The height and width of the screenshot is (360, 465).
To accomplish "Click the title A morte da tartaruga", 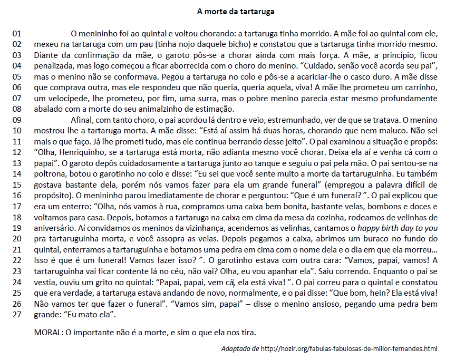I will (x=236, y=11).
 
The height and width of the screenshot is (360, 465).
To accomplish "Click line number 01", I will (x=17, y=33).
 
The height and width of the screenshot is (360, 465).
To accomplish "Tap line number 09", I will (x=17, y=120).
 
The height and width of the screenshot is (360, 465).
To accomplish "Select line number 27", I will (x=17, y=315).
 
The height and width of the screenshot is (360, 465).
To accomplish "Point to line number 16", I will (x=17, y=196).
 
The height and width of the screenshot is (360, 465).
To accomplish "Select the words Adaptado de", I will (x=240, y=349).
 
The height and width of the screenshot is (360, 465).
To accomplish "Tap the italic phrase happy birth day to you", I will (x=398, y=228).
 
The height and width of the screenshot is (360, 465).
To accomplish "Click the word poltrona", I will (x=50, y=174).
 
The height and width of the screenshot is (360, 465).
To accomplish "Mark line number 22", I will (x=17, y=260).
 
